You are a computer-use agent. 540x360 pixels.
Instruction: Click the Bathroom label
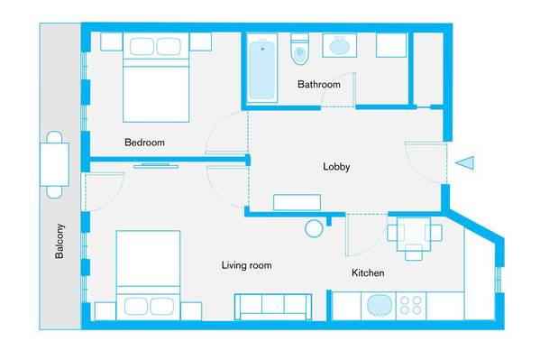[x=319, y=85]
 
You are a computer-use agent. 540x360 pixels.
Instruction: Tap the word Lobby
[x=336, y=167]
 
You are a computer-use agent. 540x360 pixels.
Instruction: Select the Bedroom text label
[x=144, y=143]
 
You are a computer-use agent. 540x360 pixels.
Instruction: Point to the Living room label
[x=247, y=265]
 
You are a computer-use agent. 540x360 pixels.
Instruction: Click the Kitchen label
[x=368, y=273]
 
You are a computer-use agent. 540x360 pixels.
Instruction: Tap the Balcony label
[x=59, y=241]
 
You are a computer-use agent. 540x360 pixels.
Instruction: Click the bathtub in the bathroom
[x=262, y=69]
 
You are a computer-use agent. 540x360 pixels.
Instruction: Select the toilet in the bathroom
[x=299, y=49]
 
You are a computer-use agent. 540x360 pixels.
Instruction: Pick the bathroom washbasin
[x=340, y=45]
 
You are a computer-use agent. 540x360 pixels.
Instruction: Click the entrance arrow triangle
[x=465, y=162]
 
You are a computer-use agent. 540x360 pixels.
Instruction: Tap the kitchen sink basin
[x=380, y=306]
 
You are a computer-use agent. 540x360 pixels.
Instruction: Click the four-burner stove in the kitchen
[x=411, y=306]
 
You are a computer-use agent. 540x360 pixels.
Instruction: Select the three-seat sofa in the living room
[x=273, y=307]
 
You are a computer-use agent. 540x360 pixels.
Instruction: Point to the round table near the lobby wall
[x=314, y=228]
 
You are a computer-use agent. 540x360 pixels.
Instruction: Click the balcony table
[x=54, y=165]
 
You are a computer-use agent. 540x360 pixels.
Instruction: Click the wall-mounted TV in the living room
[x=156, y=166]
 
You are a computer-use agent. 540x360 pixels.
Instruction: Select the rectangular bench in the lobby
[x=297, y=202]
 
